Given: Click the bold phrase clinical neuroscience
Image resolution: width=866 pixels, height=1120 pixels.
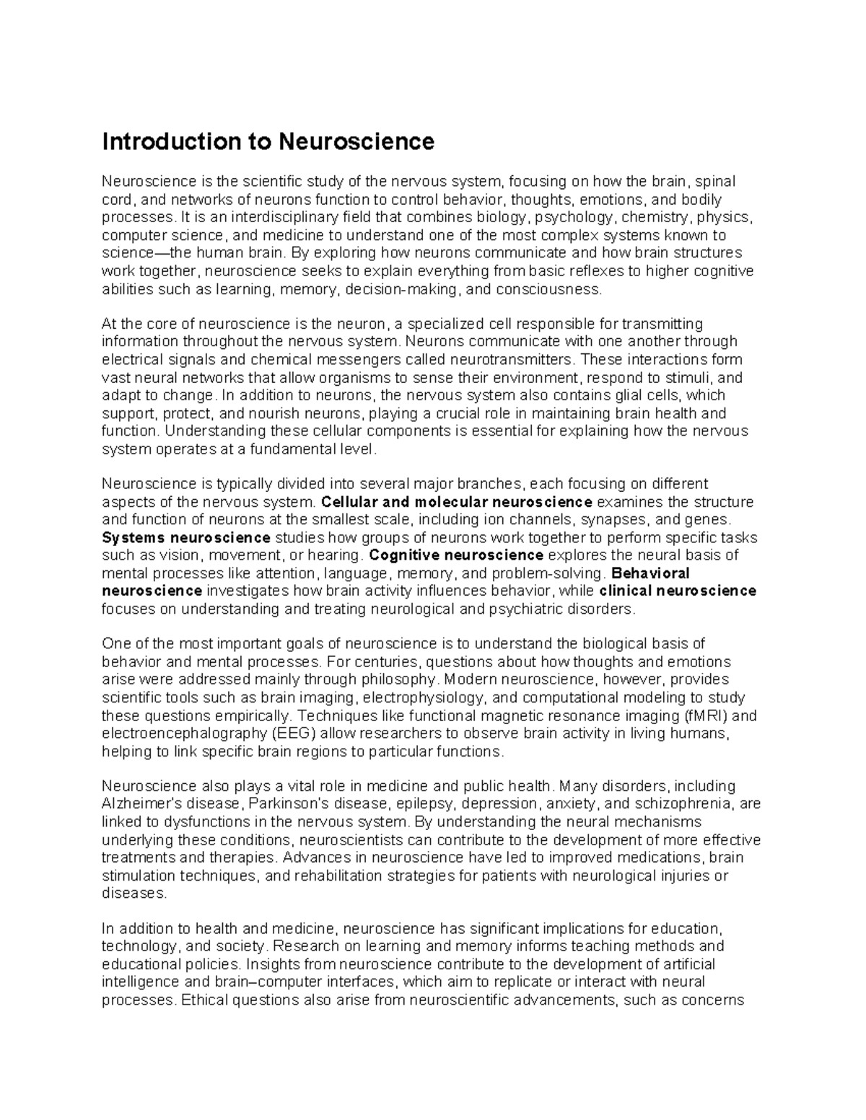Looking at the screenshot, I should (x=678, y=591).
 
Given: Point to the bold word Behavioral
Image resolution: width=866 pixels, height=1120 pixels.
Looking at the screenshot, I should (x=650, y=573).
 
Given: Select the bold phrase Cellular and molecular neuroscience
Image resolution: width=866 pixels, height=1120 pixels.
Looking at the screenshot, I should (x=458, y=502).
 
